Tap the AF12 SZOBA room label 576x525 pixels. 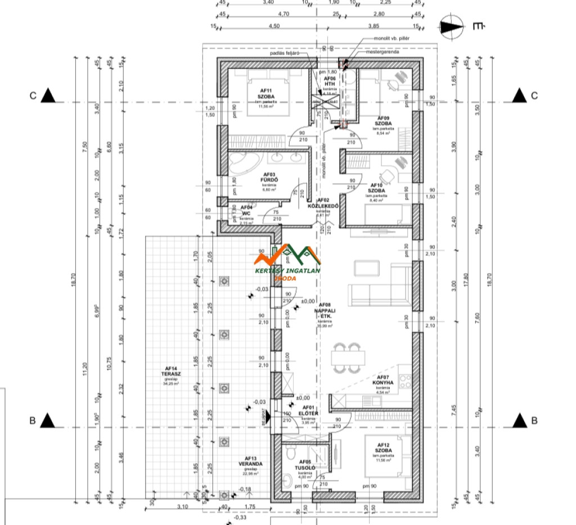click(x=383, y=451)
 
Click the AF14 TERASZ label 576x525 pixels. click(x=169, y=375)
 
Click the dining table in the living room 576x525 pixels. click(x=345, y=357)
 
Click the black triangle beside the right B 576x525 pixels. click(x=520, y=419)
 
